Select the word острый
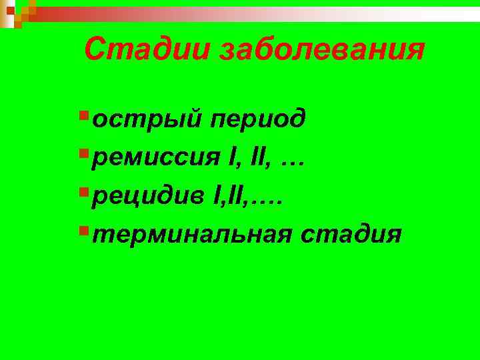[147, 119]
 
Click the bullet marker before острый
[83, 117]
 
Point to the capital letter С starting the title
[97, 49]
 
